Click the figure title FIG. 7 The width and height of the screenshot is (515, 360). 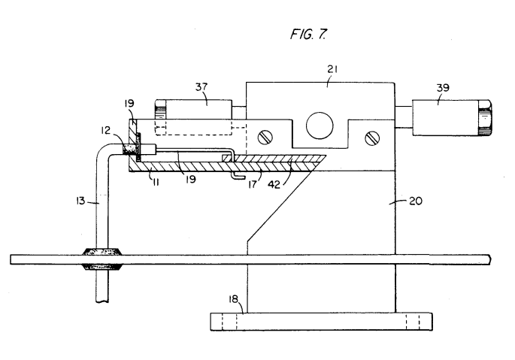308,34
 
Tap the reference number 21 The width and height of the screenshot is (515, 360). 332,69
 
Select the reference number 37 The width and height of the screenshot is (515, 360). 201,86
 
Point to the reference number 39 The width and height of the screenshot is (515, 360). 443,88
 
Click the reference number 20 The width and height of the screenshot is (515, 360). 416,201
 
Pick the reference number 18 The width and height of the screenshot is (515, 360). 233,299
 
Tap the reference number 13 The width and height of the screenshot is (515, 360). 80,201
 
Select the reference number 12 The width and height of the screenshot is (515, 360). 106,131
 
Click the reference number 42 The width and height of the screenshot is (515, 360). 274,185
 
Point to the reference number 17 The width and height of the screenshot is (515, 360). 253,185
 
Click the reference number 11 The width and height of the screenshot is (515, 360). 156,182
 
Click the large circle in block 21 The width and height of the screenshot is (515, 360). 320,126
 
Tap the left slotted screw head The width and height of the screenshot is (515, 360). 265,138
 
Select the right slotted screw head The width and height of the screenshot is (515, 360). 372,138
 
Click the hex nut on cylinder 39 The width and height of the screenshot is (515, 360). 485,117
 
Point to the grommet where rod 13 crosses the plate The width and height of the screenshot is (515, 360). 102,259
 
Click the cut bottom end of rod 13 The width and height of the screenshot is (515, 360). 102,301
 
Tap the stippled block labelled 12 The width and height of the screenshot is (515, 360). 129,149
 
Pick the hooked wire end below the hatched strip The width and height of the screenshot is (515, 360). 238,177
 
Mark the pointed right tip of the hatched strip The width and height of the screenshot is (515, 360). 326,156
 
